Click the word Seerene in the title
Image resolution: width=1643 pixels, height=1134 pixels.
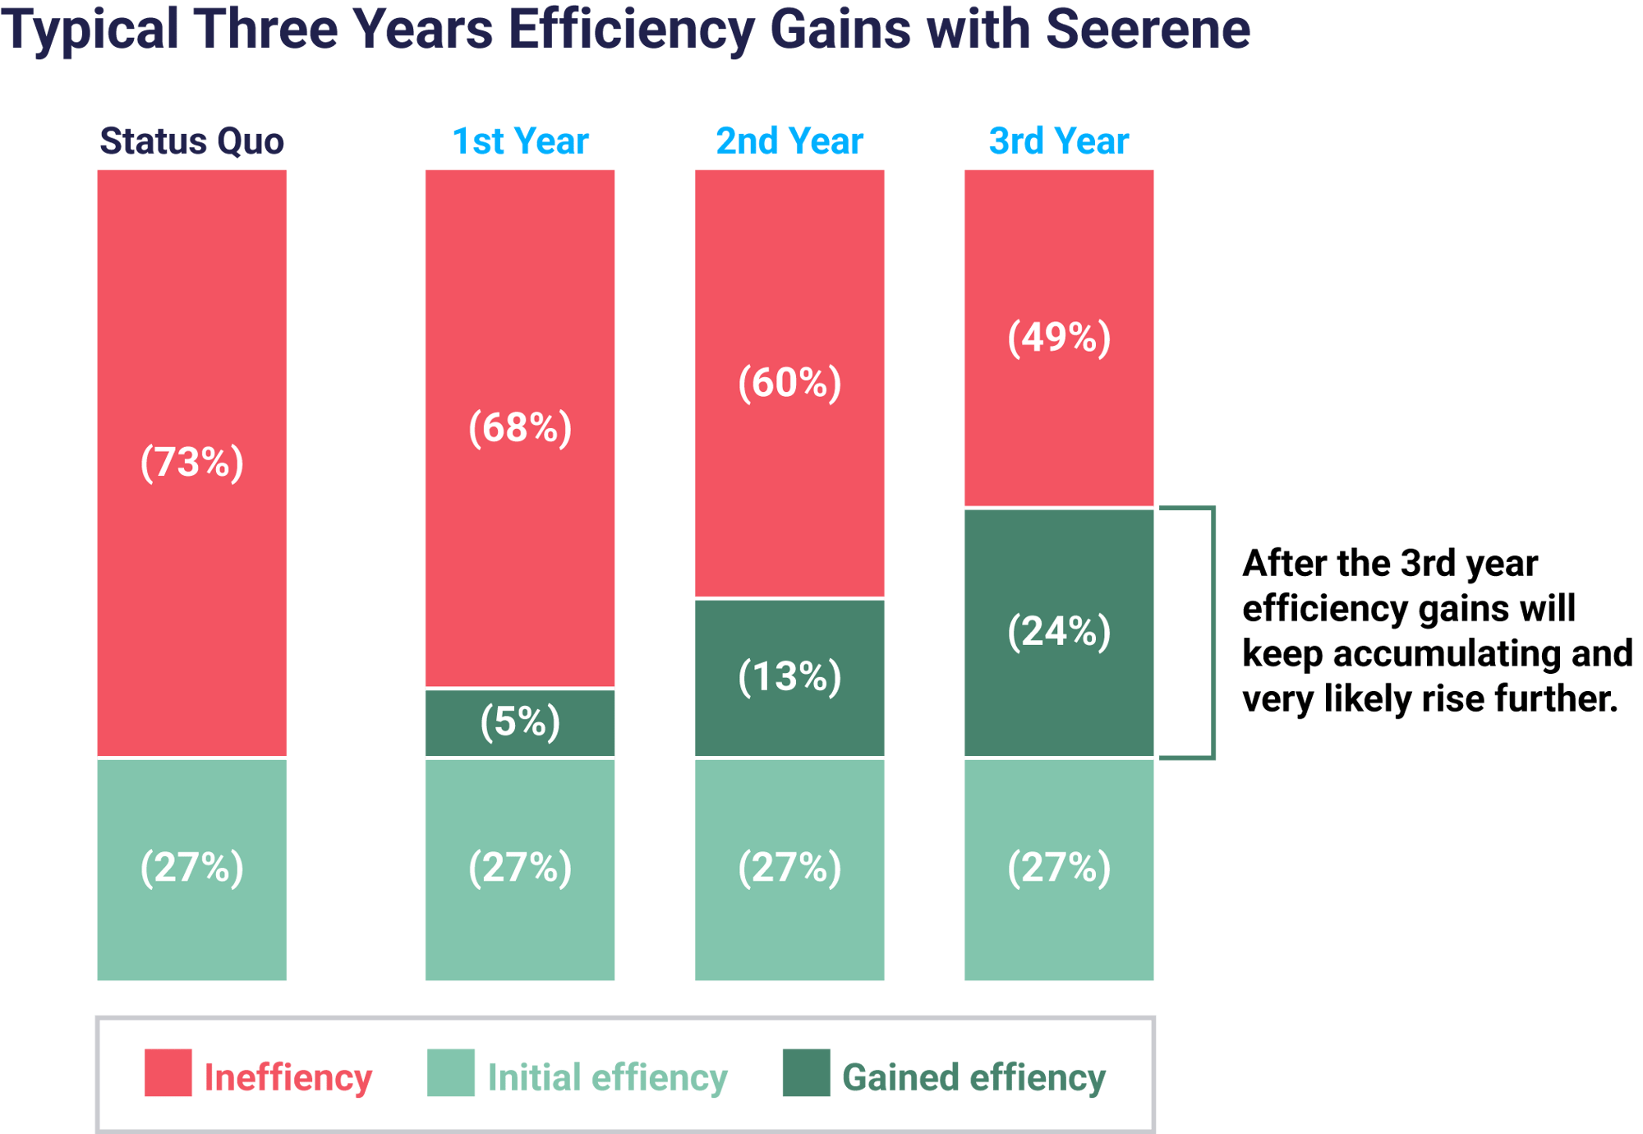[x=1147, y=30]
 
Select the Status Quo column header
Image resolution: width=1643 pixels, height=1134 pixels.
[x=191, y=141]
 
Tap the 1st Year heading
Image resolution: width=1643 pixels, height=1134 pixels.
[x=520, y=141]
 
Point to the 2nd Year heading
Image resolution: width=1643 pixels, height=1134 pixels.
[x=789, y=141]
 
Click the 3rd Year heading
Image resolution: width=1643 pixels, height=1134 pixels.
[x=1058, y=141]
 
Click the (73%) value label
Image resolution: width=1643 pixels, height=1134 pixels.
[x=191, y=462]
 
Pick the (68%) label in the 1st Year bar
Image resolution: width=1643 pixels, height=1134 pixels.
[x=520, y=427]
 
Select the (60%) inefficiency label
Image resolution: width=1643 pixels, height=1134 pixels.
[x=789, y=382]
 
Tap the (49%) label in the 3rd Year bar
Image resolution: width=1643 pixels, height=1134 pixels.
[x=1058, y=337]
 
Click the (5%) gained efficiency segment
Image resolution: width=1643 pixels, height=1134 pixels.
[x=520, y=722]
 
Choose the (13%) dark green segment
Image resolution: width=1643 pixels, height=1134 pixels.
[x=789, y=677]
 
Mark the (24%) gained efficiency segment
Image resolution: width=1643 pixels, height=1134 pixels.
[x=1058, y=632]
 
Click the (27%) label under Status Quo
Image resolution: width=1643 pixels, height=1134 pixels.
[x=191, y=868]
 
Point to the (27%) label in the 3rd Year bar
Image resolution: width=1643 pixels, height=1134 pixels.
[x=1058, y=868]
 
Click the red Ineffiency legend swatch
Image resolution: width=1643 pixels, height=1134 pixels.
[x=168, y=1072]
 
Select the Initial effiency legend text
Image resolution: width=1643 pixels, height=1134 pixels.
[x=607, y=1077]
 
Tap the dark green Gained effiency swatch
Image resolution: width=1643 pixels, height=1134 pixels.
[x=805, y=1072]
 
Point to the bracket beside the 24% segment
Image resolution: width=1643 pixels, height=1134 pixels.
[x=1213, y=633]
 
